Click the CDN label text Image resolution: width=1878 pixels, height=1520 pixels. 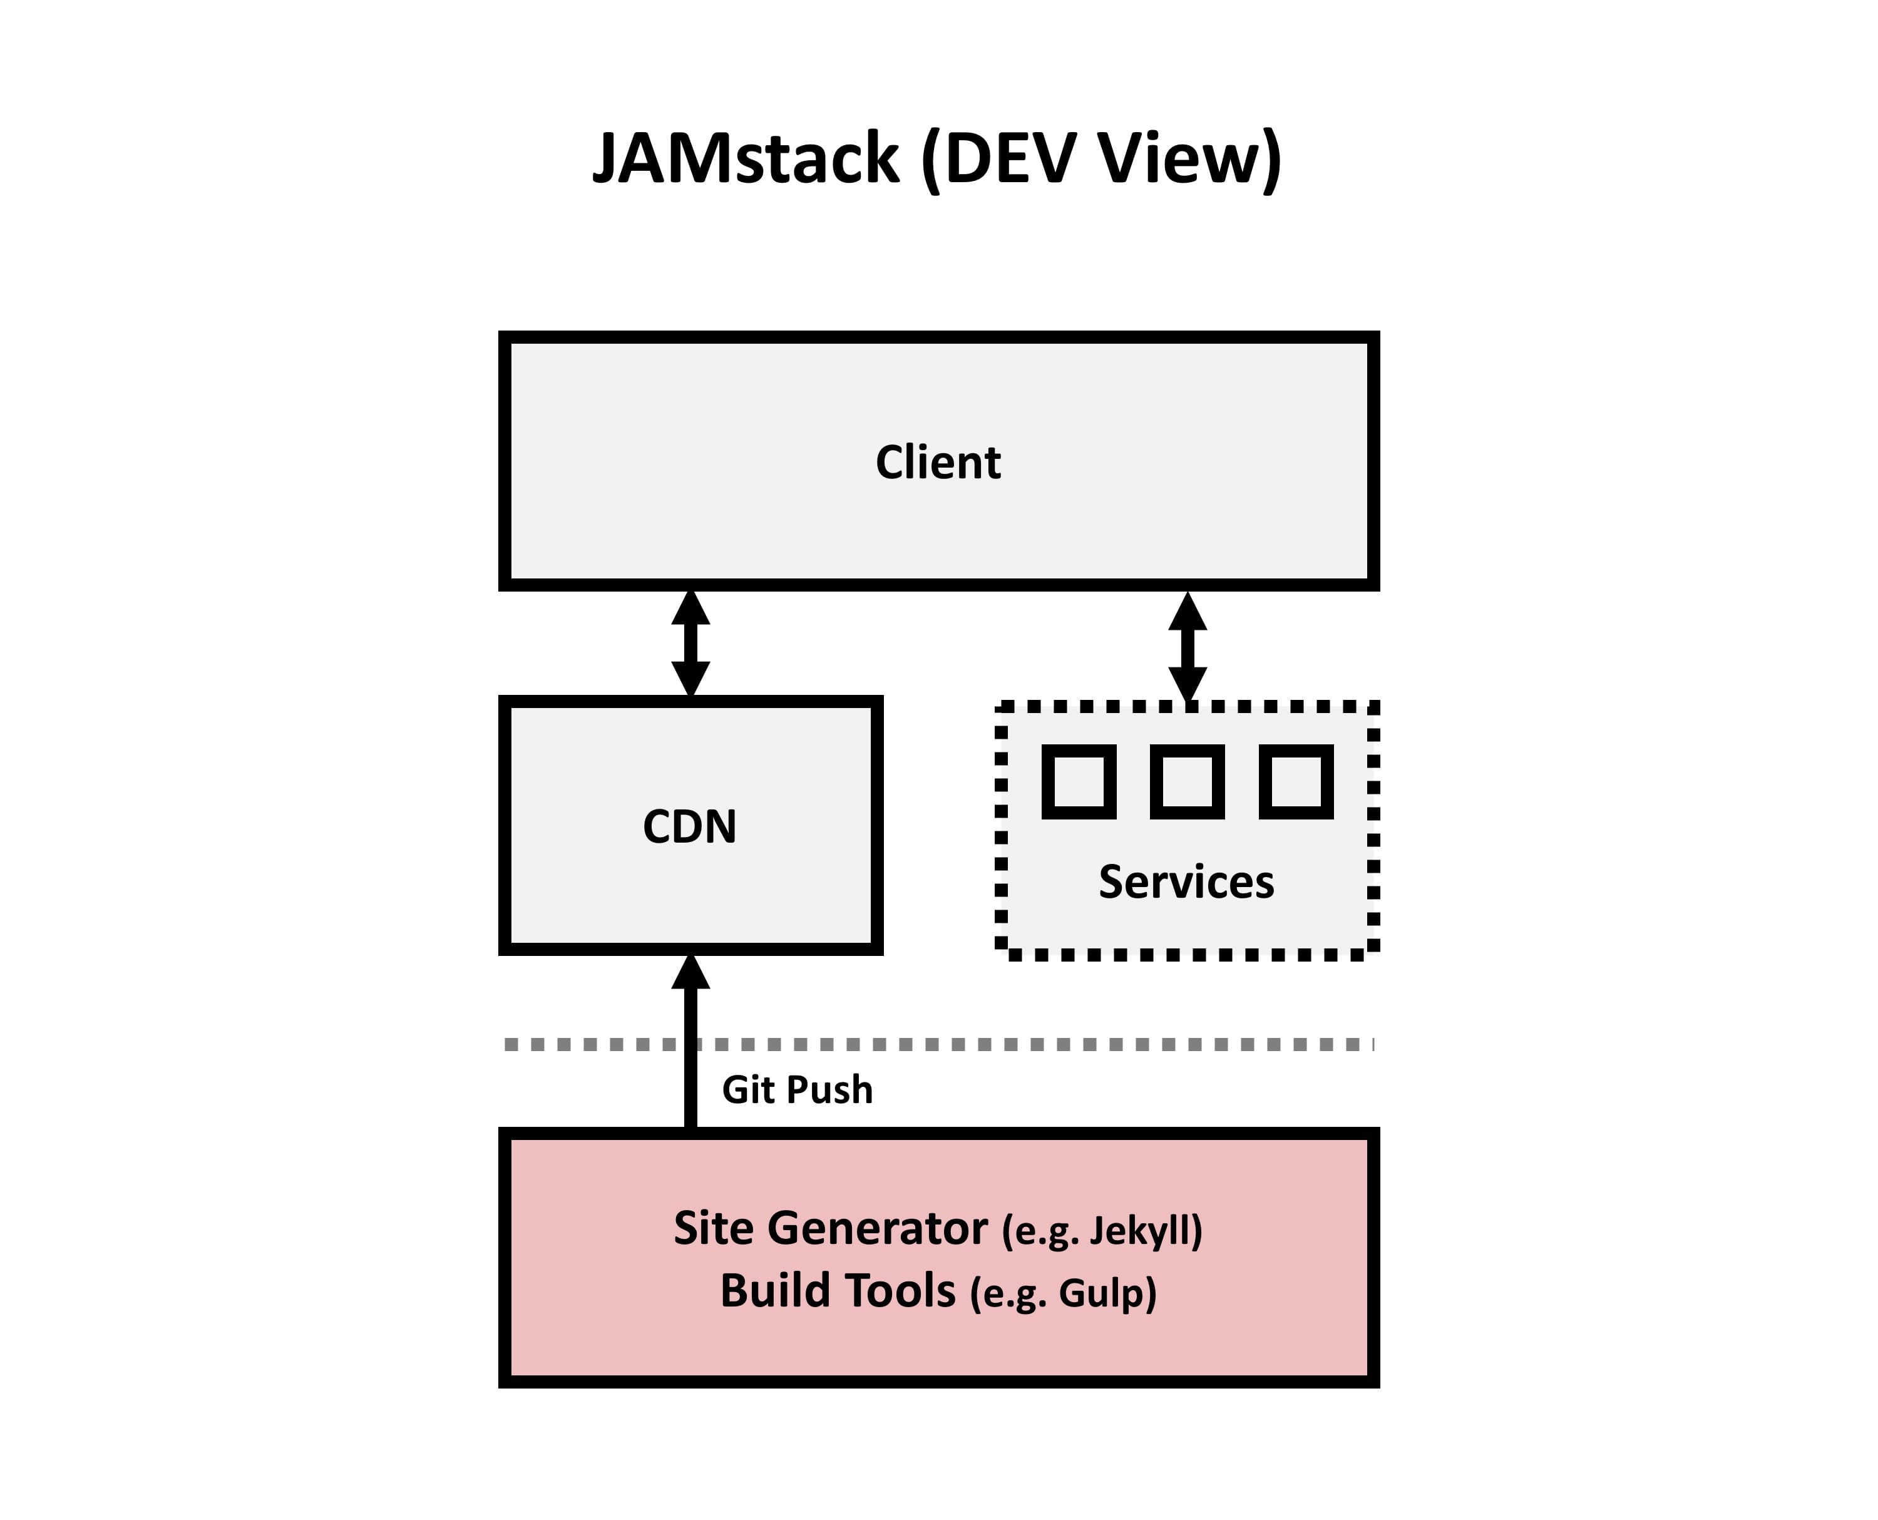(x=690, y=826)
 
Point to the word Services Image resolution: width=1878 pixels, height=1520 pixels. (x=1186, y=881)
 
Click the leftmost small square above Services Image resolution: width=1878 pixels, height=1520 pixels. (x=1079, y=781)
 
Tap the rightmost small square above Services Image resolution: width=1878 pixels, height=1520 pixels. (x=1296, y=781)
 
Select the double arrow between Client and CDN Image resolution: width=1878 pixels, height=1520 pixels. (x=690, y=644)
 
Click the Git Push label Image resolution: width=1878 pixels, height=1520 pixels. (x=797, y=1090)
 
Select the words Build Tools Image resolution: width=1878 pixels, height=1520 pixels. (x=837, y=1291)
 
